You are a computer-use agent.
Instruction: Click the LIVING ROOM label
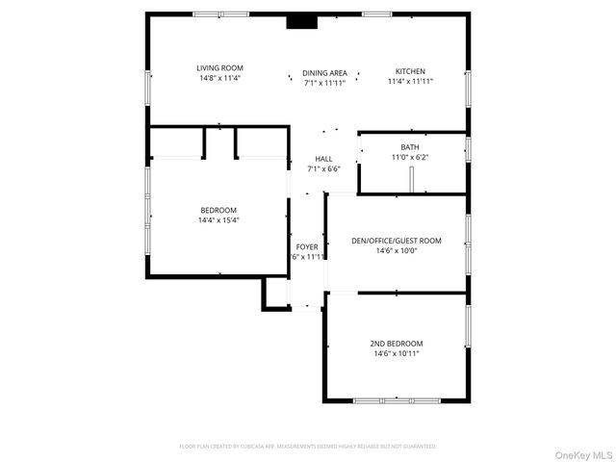pyautogui.click(x=219, y=67)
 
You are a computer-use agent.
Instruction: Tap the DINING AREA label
pyautogui.click(x=324, y=72)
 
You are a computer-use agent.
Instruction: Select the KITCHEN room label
pyautogui.click(x=410, y=71)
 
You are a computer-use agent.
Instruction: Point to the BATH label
pyautogui.click(x=410, y=147)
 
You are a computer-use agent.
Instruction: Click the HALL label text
pyautogui.click(x=323, y=159)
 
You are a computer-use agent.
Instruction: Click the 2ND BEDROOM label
pyautogui.click(x=397, y=344)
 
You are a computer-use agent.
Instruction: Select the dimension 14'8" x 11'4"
pyautogui.click(x=219, y=78)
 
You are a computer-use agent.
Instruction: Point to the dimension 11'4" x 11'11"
pyautogui.click(x=410, y=82)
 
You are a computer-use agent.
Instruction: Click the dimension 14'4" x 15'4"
pyautogui.click(x=218, y=220)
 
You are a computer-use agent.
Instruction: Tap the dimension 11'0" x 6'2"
pyautogui.click(x=410, y=157)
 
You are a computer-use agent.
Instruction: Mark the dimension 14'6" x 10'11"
pyautogui.click(x=397, y=354)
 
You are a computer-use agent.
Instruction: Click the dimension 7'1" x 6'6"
pyautogui.click(x=323, y=169)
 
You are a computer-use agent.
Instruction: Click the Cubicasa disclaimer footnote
pyautogui.click(x=308, y=447)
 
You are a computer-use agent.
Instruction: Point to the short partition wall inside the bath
pyautogui.click(x=411, y=180)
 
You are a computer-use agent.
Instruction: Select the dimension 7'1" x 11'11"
pyautogui.click(x=324, y=83)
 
